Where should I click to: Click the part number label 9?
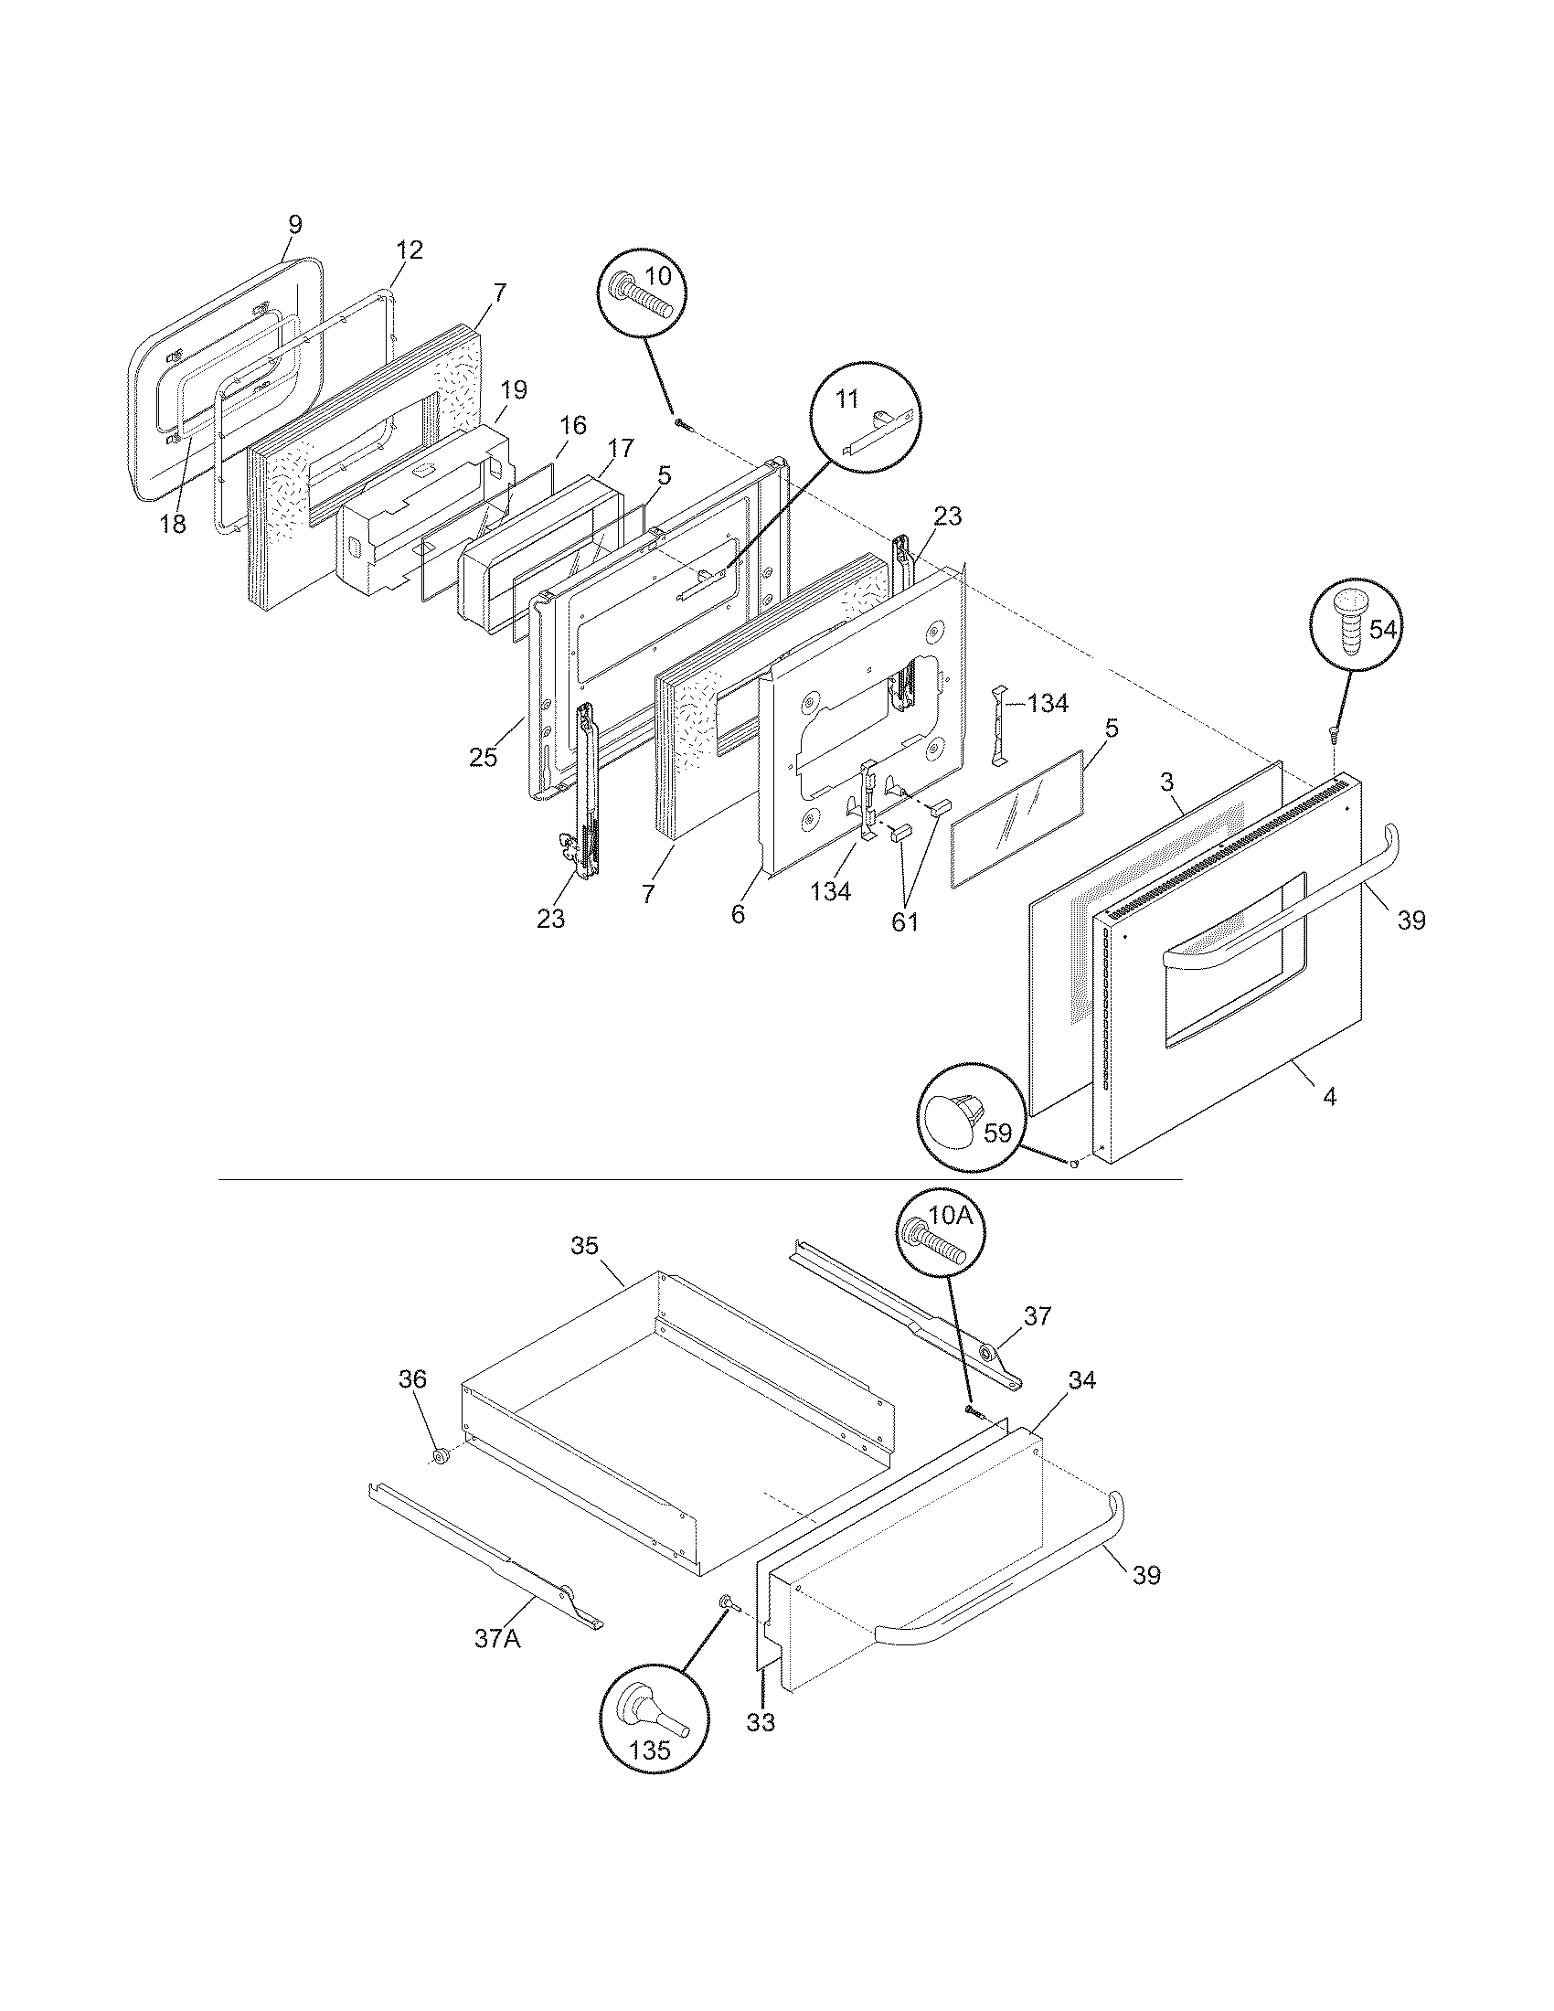(x=294, y=224)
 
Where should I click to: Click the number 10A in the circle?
(x=950, y=1216)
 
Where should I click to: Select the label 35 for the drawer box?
(x=584, y=1246)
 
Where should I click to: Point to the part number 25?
(x=483, y=757)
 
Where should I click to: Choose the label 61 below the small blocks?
(x=905, y=920)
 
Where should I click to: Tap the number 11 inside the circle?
(x=846, y=398)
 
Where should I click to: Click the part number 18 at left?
(x=172, y=524)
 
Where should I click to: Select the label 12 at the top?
(x=410, y=250)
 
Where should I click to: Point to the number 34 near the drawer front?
(x=1081, y=1405)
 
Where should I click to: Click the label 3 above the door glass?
(x=1166, y=782)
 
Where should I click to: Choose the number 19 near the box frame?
(x=514, y=389)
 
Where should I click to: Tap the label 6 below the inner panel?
(x=739, y=915)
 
